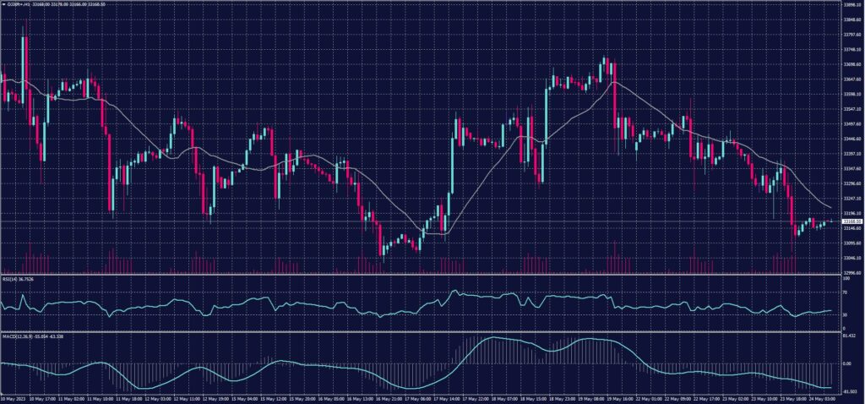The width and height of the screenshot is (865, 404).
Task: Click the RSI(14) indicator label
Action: [19, 280]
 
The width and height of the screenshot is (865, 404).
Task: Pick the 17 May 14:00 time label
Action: [449, 398]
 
